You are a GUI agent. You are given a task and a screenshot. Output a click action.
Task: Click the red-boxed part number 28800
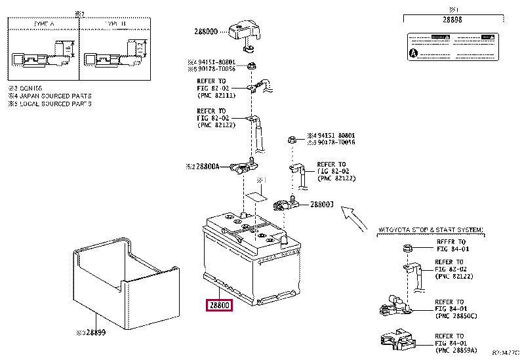219,305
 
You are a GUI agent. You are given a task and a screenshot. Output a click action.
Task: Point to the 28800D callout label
206,31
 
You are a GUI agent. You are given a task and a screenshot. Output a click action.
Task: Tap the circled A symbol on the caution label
413,52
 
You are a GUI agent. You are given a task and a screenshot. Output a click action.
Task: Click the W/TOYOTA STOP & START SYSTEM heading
431,230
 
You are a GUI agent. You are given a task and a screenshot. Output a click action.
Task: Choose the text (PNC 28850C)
458,316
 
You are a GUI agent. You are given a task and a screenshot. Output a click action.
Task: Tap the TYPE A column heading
45,23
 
